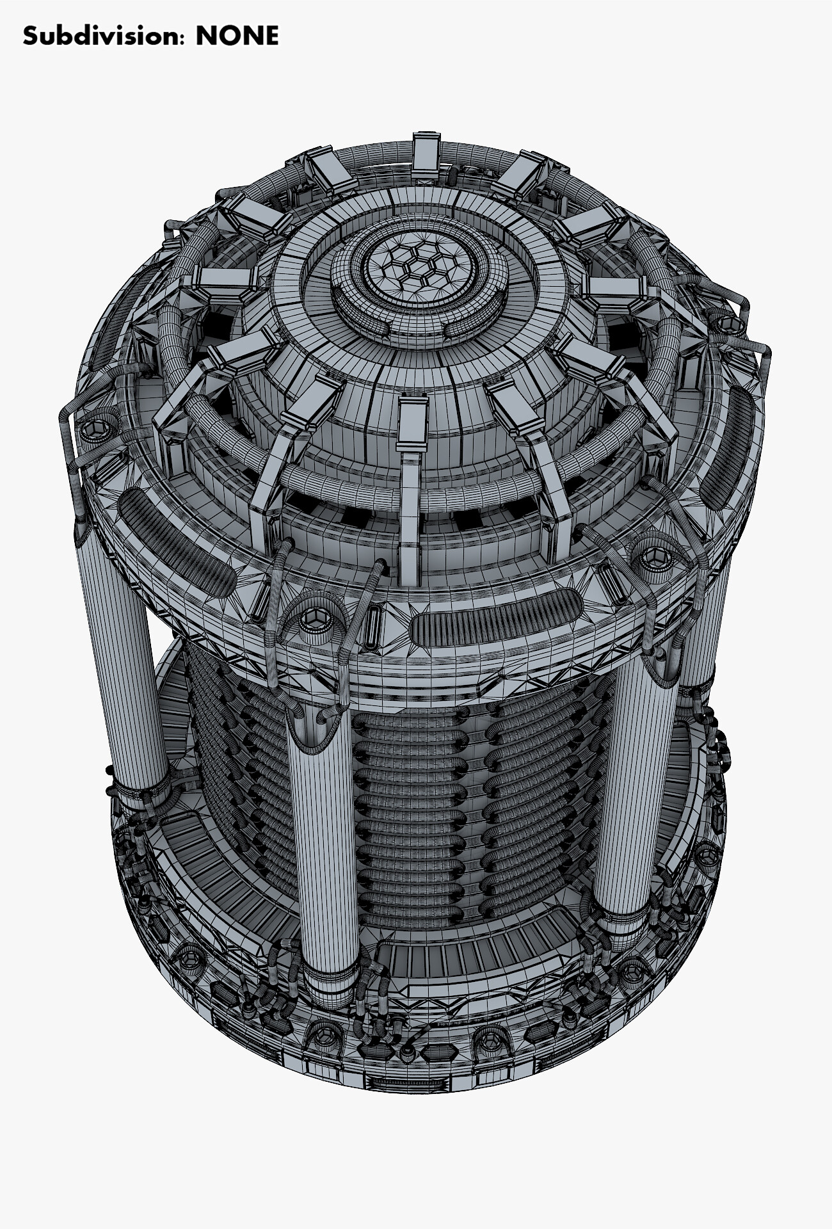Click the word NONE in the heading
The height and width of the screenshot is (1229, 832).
point(237,36)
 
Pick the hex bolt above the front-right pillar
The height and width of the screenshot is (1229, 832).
point(654,554)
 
